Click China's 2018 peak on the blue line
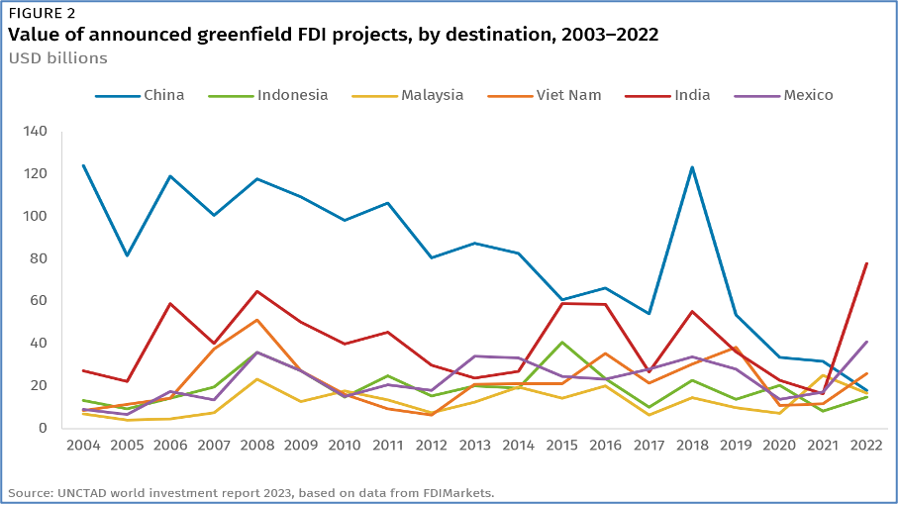[693, 167]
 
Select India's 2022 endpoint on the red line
[867, 263]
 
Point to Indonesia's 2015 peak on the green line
[562, 343]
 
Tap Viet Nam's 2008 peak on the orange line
[257, 320]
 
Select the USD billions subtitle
[57, 57]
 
